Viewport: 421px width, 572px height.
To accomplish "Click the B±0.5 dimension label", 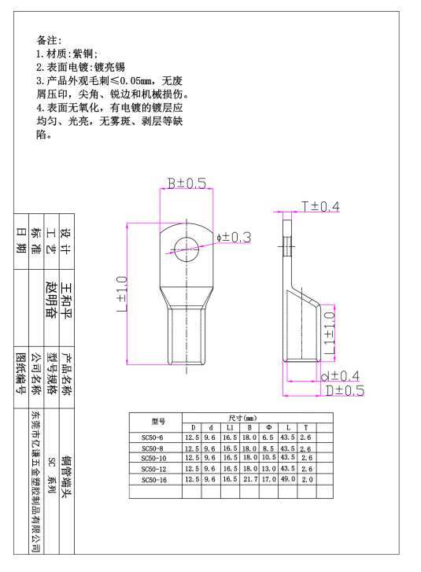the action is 186,183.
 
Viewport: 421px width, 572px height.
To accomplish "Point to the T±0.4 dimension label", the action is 321,207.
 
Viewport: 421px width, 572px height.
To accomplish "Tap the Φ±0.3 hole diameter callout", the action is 234,238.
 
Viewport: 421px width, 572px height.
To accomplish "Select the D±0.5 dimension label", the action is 345,391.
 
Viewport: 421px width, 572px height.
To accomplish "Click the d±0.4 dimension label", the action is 340,376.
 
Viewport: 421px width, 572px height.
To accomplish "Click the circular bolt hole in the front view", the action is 186,249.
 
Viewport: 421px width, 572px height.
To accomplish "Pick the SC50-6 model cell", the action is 153,437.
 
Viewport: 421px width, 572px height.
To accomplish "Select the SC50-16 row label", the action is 154,480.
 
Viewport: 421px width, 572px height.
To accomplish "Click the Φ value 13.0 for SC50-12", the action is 269,469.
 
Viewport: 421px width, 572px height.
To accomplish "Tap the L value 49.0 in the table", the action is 288,479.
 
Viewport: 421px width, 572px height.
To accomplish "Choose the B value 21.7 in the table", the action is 250,479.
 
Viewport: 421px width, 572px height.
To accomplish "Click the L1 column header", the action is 230,427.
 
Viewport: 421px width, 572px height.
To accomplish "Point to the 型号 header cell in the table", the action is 158,422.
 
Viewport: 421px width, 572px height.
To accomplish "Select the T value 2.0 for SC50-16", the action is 307,480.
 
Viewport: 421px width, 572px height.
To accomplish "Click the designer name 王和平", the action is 67,301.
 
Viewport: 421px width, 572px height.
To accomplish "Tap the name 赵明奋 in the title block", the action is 51,300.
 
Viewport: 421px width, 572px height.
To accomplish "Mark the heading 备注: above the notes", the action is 49,40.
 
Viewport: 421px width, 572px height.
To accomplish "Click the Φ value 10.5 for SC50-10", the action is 269,457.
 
